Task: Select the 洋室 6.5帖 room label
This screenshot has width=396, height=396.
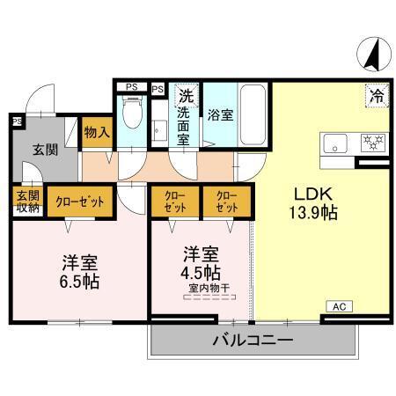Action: click(79, 270)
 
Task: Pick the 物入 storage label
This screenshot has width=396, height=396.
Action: click(97, 132)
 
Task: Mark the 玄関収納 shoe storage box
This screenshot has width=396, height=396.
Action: click(26, 201)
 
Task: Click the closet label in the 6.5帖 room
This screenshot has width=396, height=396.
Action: click(80, 202)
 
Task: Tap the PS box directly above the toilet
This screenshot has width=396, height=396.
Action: click(132, 86)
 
